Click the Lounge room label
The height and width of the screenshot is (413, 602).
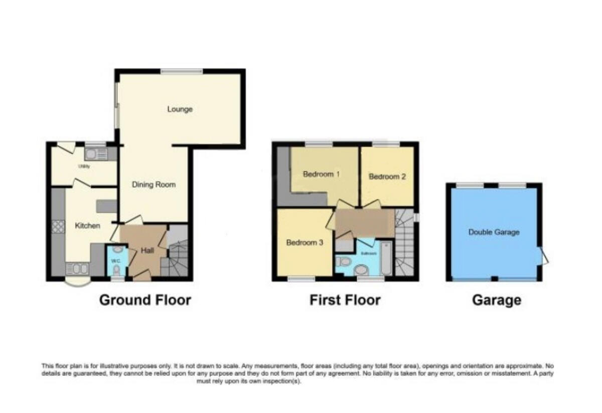[x=180, y=109]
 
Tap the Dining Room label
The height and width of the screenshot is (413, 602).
[x=154, y=185]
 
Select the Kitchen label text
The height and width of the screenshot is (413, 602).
[x=88, y=226]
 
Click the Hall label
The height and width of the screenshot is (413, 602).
[x=147, y=251]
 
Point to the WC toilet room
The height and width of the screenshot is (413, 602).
[x=116, y=260]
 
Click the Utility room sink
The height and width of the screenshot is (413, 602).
[x=95, y=154]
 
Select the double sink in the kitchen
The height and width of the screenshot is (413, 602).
[x=77, y=269]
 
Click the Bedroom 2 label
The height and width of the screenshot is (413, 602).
[x=387, y=177]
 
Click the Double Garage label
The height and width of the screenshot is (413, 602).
[x=494, y=232]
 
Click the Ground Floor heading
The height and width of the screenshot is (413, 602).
[x=145, y=301]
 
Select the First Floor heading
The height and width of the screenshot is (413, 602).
[x=345, y=301]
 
